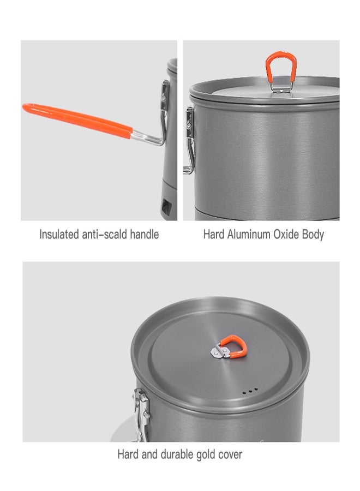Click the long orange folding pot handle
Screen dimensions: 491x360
pyautogui.click(x=76, y=119)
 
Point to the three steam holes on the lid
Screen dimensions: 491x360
pyautogui.click(x=250, y=391)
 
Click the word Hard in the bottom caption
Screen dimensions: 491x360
pyautogui.click(x=127, y=454)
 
